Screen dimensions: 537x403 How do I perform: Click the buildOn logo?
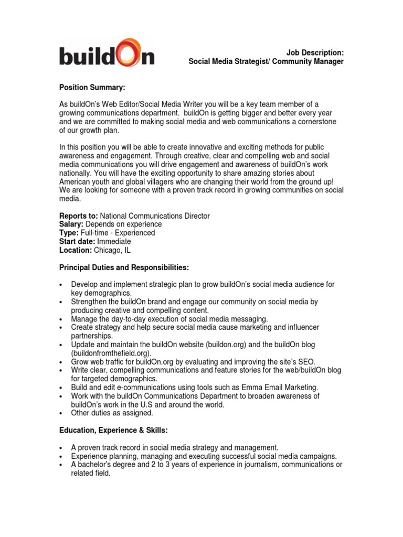click(107, 52)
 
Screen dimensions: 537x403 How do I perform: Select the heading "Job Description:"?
click(315, 52)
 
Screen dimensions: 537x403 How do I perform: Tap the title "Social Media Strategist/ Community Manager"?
click(266, 61)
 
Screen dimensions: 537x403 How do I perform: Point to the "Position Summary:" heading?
click(92, 87)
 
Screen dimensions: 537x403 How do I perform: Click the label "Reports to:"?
click(78, 216)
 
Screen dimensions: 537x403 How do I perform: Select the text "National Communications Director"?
click(155, 216)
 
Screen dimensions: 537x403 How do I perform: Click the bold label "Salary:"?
click(71, 224)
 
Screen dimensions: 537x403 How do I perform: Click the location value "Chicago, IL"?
click(113, 250)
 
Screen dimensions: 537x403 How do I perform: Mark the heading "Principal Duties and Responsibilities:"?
click(123, 267)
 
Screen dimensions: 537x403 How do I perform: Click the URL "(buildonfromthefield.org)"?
click(111, 353)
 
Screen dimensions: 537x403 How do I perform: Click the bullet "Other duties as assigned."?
click(112, 413)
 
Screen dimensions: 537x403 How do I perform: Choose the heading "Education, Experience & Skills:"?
click(114, 430)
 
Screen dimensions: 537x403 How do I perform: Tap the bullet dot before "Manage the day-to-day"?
click(62, 319)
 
